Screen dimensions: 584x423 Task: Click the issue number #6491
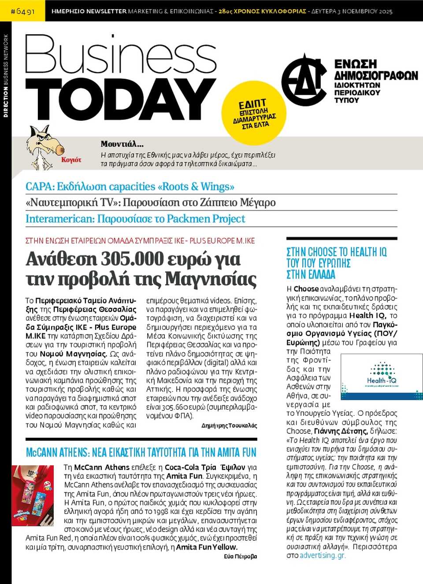[x=22, y=11]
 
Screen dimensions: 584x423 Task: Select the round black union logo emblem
[x=304, y=79]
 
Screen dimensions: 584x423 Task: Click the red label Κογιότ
[x=71, y=160]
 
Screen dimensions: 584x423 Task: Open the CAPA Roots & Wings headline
[x=130, y=187]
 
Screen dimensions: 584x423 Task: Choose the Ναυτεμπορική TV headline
[x=151, y=203]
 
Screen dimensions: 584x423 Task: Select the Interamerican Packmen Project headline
[x=135, y=219]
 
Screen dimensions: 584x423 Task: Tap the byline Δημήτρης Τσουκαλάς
[x=229, y=425]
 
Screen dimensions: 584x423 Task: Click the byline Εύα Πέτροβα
[x=240, y=556]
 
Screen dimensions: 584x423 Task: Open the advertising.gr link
[x=323, y=555]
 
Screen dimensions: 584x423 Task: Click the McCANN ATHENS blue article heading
[x=141, y=452]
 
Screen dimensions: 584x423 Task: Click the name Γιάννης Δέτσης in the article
[x=340, y=431]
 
